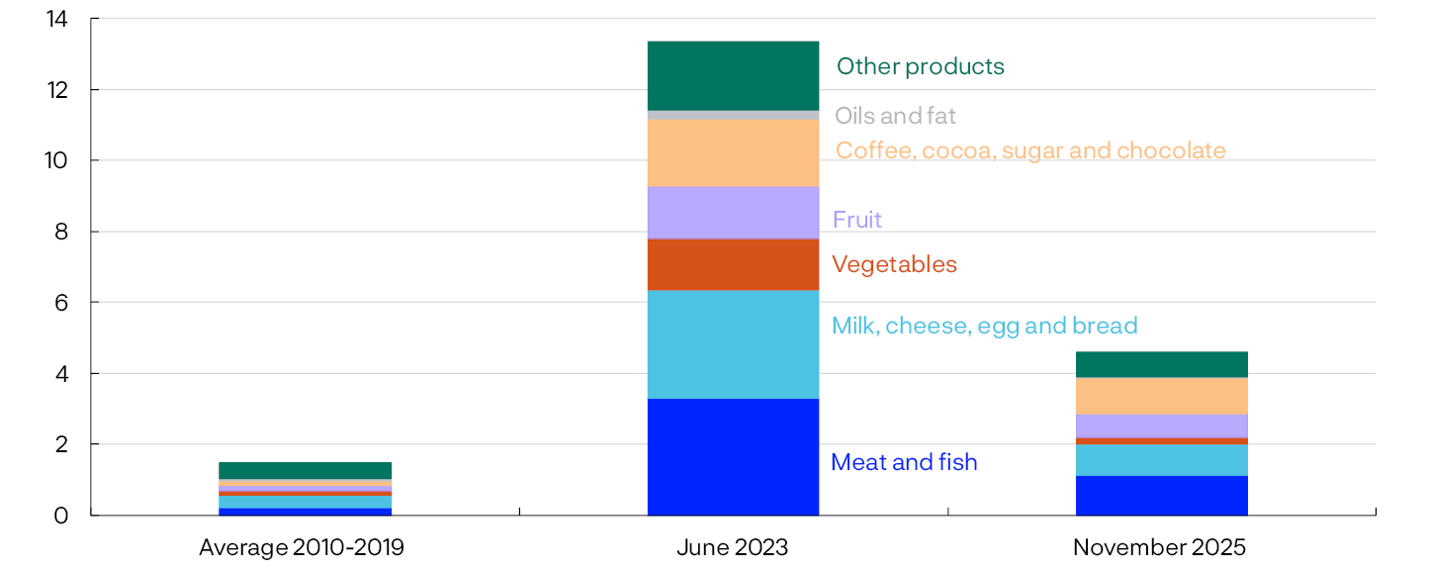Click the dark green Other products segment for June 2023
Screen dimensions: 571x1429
tap(733, 75)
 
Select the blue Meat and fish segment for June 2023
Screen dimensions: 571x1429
tap(733, 456)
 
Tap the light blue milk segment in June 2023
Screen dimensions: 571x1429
tap(733, 344)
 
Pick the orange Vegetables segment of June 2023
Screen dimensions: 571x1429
tap(733, 264)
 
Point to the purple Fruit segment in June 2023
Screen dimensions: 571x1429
tap(733, 212)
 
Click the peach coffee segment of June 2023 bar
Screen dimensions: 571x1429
tap(733, 152)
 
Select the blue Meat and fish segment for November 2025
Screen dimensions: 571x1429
tap(1161, 495)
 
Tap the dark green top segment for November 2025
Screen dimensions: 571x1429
tap(1161, 364)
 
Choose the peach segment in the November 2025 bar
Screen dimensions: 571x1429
tap(1161, 396)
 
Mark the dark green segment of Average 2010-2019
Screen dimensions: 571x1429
tap(305, 470)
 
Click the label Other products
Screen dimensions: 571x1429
tap(920, 66)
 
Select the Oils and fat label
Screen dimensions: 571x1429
tap(895, 116)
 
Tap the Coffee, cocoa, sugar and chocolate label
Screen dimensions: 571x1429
tap(1030, 150)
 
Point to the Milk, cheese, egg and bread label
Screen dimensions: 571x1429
tap(984, 326)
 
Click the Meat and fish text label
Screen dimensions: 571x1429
tap(904, 462)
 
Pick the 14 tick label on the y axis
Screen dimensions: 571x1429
tap(56, 19)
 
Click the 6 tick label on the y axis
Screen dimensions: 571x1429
tap(61, 303)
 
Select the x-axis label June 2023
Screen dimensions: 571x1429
tap(733, 547)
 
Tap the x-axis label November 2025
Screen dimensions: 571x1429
tap(1160, 547)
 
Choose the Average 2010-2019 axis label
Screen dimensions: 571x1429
tap(302, 547)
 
